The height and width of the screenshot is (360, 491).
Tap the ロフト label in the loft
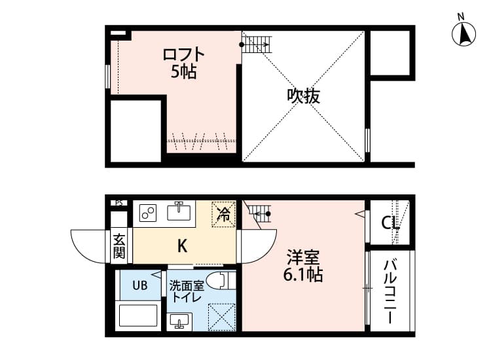point(184,54)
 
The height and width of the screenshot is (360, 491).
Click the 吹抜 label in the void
point(304,96)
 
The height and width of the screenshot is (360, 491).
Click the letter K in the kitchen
point(183,246)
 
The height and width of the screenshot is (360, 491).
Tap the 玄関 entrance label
point(119,245)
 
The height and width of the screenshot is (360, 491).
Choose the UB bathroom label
point(141,285)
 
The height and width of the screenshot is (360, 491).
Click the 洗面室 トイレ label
point(187,291)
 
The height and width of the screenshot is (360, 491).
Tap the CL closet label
point(391,223)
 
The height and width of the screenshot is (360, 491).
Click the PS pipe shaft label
point(119,203)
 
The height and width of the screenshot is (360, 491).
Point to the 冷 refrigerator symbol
point(223,213)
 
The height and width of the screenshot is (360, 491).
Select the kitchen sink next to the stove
point(179,211)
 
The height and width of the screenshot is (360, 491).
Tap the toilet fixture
point(223,281)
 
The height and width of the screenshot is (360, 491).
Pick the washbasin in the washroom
point(179,321)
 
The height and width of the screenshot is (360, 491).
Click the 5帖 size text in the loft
point(183,72)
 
